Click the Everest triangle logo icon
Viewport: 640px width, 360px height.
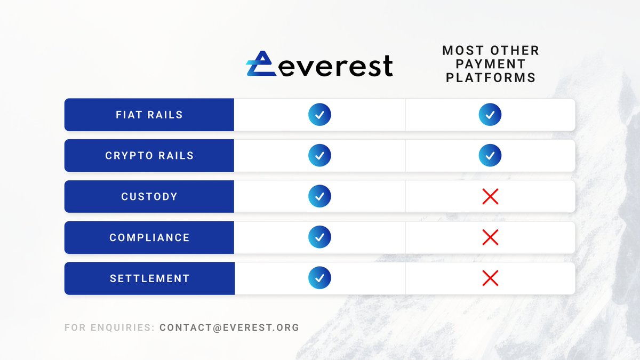tap(261, 64)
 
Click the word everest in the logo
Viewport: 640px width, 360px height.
tap(335, 66)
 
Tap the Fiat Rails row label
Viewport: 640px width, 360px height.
tap(149, 115)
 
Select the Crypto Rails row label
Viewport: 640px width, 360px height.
tap(149, 156)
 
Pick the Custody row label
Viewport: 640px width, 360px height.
tap(149, 196)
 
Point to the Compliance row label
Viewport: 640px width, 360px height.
tap(149, 237)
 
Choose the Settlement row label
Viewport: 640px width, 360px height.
tap(149, 278)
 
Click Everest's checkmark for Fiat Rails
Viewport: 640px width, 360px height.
tap(319, 115)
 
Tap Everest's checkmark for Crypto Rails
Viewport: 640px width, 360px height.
tap(319, 156)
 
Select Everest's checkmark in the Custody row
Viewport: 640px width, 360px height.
tap(319, 196)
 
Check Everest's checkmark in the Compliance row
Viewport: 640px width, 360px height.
tap(319, 237)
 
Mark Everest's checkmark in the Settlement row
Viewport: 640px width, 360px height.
tap(319, 278)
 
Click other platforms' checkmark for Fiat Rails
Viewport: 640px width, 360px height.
tap(490, 115)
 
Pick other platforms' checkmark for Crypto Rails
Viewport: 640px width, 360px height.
tap(490, 156)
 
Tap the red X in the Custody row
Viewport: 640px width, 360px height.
tap(490, 196)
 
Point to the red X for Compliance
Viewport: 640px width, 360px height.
tap(490, 237)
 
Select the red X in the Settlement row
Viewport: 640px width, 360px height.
tap(490, 278)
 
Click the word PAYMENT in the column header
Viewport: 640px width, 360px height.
tap(491, 65)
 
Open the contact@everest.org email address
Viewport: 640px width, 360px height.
tap(229, 327)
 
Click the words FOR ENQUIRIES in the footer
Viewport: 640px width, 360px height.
tap(109, 327)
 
